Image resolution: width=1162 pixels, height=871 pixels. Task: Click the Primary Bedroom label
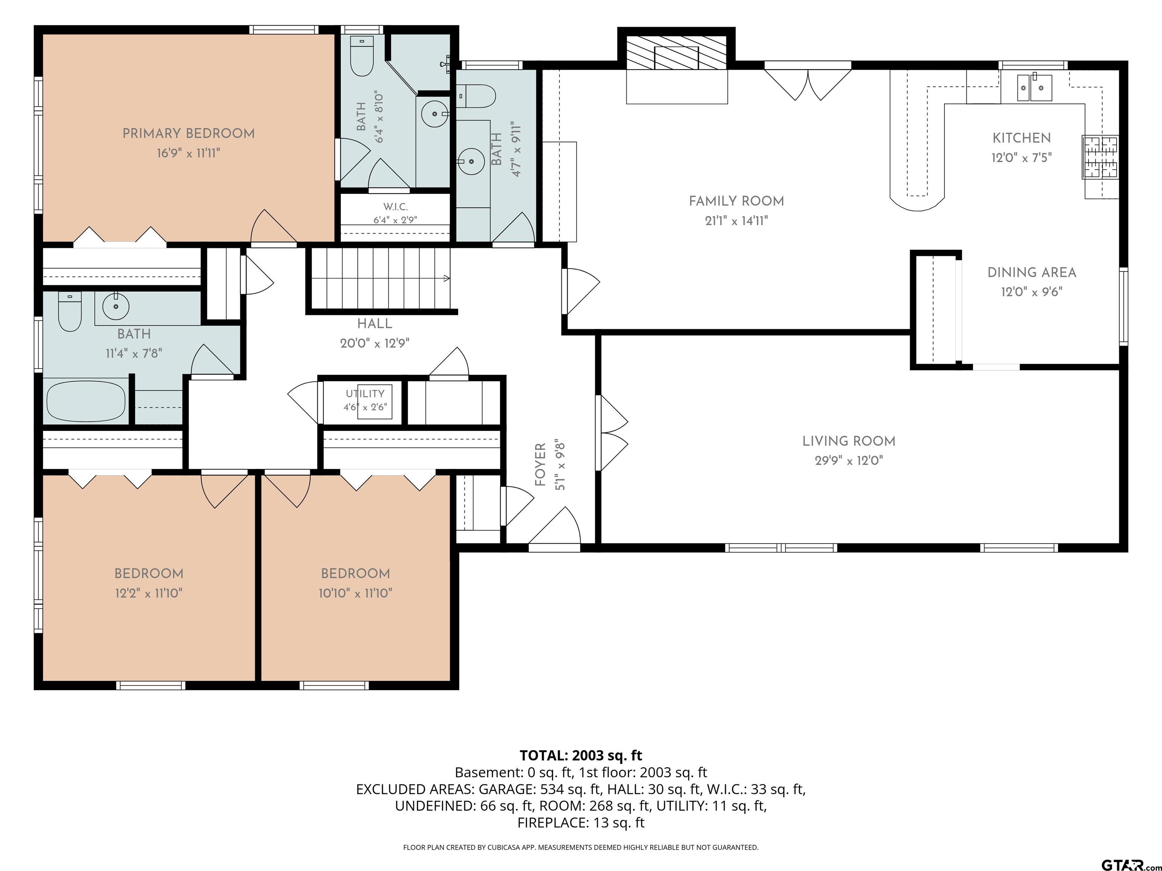[x=189, y=133]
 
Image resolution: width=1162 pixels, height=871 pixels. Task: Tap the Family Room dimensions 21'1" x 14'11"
[x=736, y=220]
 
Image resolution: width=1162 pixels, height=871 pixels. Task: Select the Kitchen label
[x=1022, y=138]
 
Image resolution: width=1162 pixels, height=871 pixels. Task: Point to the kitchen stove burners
[x=1101, y=157]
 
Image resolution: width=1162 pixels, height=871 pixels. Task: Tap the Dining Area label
[x=1032, y=273]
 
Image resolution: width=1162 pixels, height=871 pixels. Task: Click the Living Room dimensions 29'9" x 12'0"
[x=849, y=461]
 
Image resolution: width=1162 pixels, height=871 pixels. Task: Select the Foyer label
[x=541, y=465]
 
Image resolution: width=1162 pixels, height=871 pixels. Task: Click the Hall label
[x=374, y=323]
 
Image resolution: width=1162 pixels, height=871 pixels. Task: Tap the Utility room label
[x=365, y=393]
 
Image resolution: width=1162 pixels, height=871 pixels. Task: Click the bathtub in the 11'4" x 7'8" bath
[x=86, y=401]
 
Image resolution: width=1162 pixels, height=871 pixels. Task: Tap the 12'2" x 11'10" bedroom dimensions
[x=149, y=593]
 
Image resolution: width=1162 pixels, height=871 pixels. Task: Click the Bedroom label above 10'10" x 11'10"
[x=356, y=573]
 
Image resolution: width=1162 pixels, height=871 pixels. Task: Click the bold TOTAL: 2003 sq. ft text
[x=581, y=755]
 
